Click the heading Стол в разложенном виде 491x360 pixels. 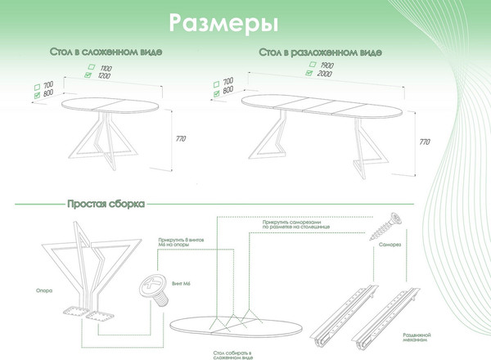pos(320,52)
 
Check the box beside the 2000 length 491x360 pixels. pos(309,73)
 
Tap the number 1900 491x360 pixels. pos(327,64)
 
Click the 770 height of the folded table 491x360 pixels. pos(180,138)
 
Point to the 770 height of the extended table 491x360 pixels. pos(424,142)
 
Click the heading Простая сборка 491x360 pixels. pos(106,203)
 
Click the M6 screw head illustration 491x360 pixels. pos(152,289)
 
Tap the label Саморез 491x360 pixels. pos(388,245)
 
